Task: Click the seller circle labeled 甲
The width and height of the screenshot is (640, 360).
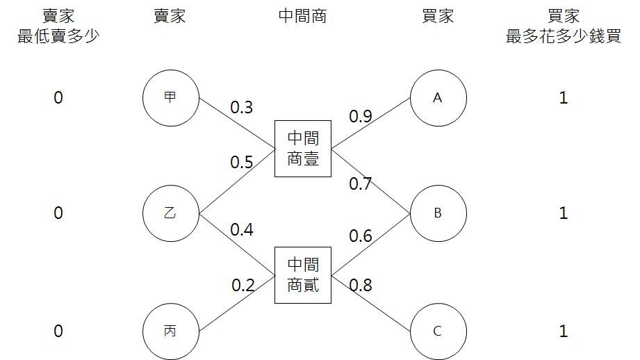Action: (x=170, y=98)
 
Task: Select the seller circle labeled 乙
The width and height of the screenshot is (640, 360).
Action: (x=170, y=213)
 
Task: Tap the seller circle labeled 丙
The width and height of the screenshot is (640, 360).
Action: (x=170, y=331)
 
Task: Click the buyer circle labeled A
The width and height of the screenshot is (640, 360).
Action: (x=438, y=98)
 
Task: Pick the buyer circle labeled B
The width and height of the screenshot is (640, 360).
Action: (x=438, y=213)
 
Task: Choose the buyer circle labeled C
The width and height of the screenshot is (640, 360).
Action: (x=438, y=331)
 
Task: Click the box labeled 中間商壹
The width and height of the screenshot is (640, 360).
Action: (x=302, y=149)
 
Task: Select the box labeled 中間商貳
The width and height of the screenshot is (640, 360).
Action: (x=302, y=275)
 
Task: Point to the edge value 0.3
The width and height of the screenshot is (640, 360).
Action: (x=242, y=108)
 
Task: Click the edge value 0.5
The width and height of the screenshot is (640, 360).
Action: (x=242, y=163)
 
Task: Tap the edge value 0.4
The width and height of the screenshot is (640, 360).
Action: (x=242, y=229)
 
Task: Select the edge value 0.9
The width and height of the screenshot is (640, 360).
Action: (x=361, y=116)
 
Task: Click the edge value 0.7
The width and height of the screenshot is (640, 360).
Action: (x=361, y=183)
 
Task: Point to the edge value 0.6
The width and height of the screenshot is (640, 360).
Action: (x=361, y=236)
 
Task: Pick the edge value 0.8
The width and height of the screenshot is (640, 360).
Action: (x=361, y=284)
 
